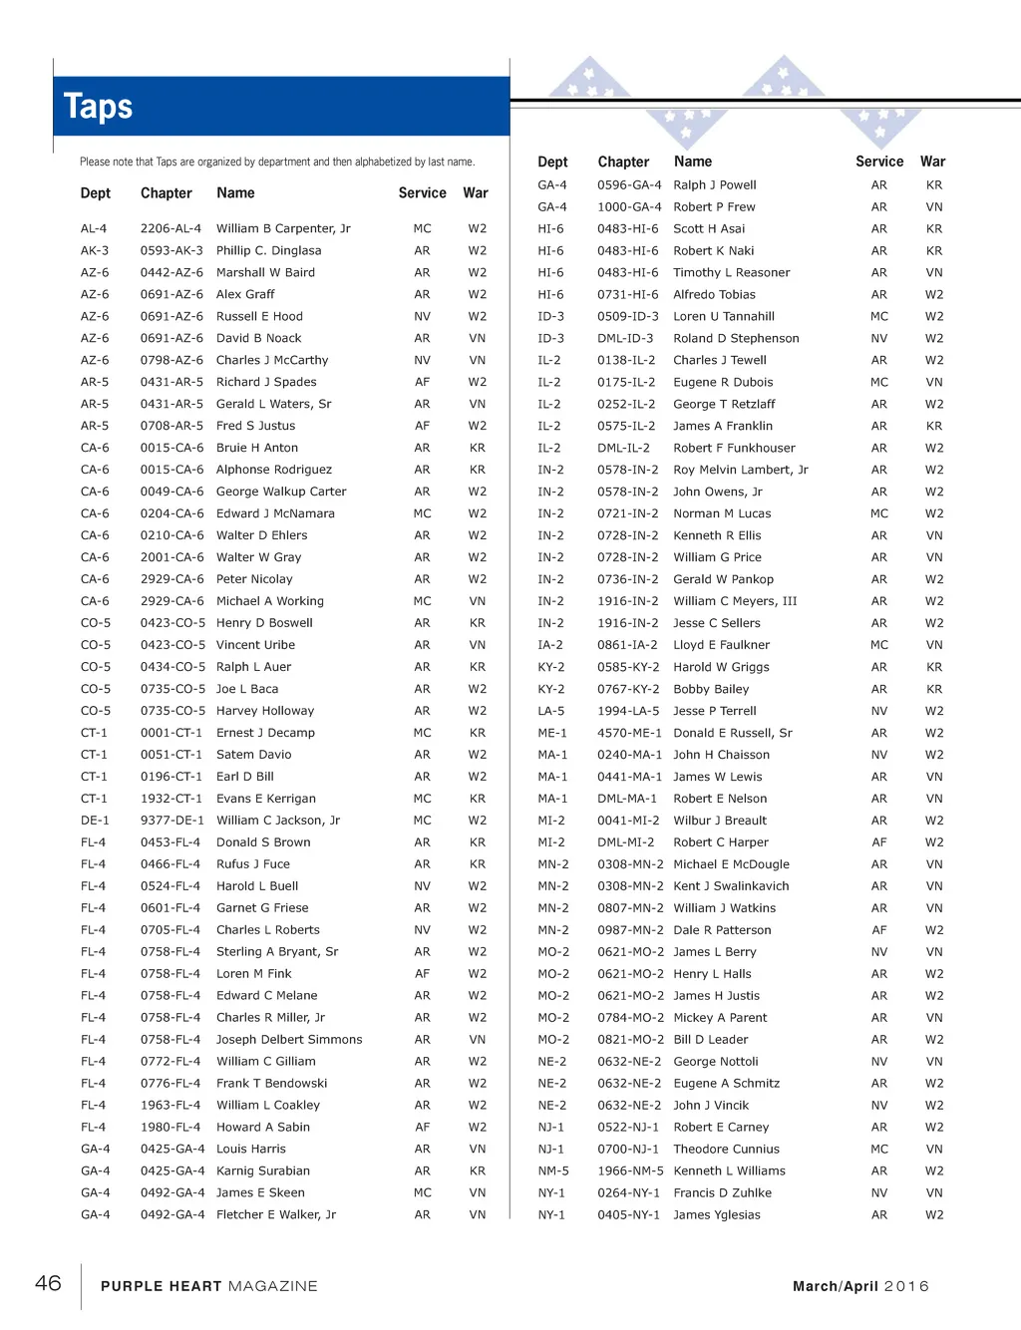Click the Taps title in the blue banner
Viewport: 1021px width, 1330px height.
(x=98, y=107)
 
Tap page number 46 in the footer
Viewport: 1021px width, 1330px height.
(x=48, y=1283)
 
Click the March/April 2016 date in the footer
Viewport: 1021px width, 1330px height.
(x=860, y=1286)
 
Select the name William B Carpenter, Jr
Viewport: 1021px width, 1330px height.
(x=283, y=228)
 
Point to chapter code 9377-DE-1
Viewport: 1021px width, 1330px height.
(x=171, y=821)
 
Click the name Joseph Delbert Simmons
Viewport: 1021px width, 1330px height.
(x=289, y=1040)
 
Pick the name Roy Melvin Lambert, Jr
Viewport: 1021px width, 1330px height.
(x=740, y=470)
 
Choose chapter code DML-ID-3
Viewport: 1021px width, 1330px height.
(x=625, y=338)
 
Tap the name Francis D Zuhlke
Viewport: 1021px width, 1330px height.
(x=722, y=1193)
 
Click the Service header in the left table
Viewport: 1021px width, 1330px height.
(x=422, y=193)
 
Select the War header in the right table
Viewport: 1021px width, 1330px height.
(x=932, y=162)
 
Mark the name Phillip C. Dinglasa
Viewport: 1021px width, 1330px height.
(x=268, y=250)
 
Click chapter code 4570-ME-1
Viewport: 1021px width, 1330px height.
(x=629, y=733)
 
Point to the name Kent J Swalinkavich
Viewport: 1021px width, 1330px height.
(x=731, y=886)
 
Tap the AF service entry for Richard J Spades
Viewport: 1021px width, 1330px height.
(x=422, y=382)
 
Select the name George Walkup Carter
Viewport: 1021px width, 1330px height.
(x=281, y=492)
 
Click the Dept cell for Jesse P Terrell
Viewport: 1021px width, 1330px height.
(x=550, y=711)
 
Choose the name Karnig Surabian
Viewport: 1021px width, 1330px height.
(x=262, y=1171)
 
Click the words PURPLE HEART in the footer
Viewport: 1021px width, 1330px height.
(x=161, y=1286)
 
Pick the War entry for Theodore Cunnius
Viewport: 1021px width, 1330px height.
(x=933, y=1150)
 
